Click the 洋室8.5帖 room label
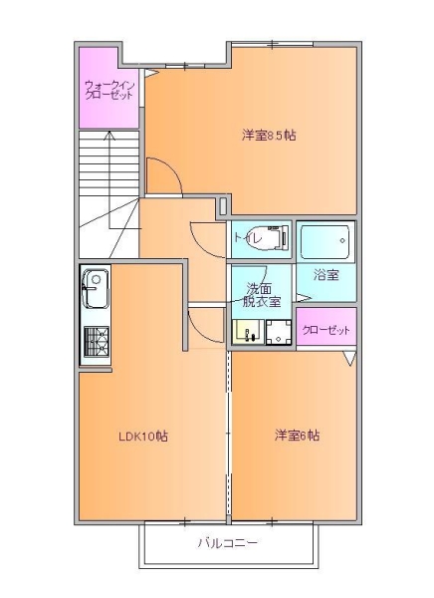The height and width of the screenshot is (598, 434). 269,136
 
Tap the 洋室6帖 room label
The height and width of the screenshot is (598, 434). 297,436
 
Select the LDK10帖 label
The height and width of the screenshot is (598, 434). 143,436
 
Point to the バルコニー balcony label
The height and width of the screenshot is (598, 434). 228,543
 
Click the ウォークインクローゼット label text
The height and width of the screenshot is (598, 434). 109,90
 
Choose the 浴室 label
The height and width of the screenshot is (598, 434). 326,275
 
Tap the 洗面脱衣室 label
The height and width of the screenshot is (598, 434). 262,295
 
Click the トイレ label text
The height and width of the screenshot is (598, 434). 248,239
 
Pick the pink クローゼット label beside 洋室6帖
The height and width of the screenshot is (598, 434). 325,330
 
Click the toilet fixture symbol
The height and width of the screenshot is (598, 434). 272,238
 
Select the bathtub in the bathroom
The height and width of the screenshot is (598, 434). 325,242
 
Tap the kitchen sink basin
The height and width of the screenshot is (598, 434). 96,289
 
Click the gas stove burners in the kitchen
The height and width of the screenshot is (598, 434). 96,342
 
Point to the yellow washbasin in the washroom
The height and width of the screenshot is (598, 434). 248,332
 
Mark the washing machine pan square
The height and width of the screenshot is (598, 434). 279,332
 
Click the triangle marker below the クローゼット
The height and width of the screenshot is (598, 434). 350,359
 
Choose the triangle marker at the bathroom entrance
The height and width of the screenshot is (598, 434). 304,297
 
